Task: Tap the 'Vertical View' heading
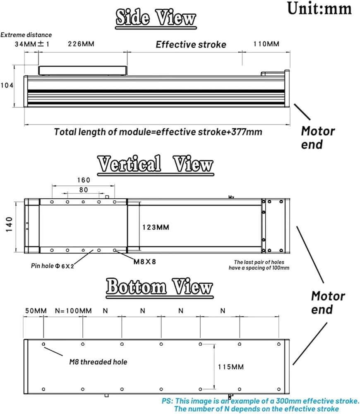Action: pos(155,164)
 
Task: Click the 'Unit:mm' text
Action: pos(319,8)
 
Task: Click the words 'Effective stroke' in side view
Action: pos(191,45)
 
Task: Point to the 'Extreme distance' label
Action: pos(26,35)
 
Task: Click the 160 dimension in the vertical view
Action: pos(83,180)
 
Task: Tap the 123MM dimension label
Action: pos(156,227)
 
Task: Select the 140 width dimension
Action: pos(9,226)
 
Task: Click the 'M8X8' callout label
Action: pos(144,261)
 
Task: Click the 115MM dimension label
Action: pos(230,367)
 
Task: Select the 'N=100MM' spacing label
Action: pos(73,310)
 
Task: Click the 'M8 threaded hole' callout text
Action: pos(98,362)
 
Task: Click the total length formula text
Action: pos(158,132)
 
